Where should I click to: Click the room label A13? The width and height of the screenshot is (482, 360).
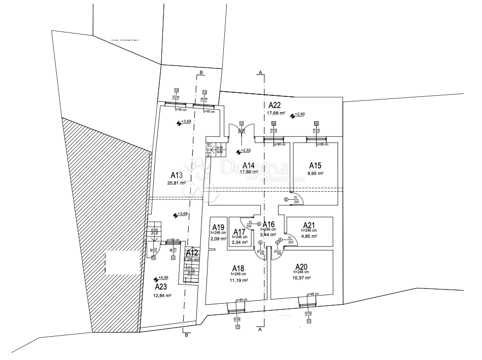176,175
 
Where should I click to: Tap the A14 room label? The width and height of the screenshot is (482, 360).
248,165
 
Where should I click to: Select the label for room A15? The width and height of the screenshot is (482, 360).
315,165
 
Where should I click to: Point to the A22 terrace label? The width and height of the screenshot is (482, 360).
275,105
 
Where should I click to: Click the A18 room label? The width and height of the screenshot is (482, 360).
238,268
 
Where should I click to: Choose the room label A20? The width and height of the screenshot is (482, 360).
302,267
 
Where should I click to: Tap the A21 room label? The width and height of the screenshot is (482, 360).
309,225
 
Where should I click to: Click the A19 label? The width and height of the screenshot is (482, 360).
218,227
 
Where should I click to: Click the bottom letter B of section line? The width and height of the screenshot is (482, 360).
187,335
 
